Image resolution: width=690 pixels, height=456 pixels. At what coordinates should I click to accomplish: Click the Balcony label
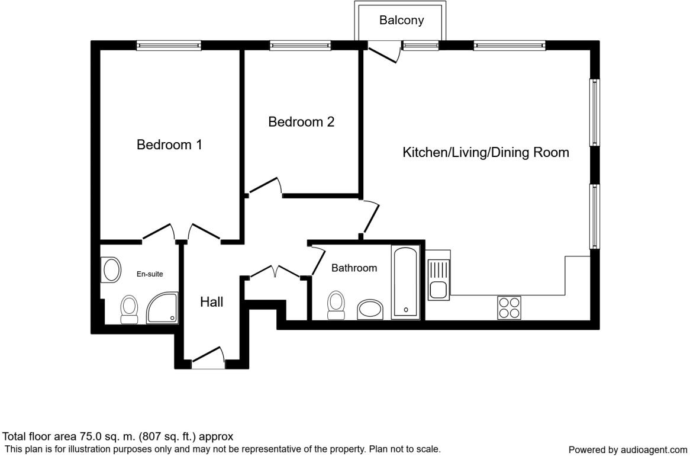coord(401,20)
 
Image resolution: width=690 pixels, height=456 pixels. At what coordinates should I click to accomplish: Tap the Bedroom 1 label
coord(169,144)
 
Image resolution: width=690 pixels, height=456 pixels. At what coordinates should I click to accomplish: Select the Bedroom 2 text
coord(301,122)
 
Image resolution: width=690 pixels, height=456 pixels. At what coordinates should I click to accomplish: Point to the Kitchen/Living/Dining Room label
coord(485,152)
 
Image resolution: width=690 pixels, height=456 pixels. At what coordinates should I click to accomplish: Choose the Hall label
coord(211,302)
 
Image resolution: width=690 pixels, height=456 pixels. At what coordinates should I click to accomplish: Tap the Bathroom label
coord(354,268)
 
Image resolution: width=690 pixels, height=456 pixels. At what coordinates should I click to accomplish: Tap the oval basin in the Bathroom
coord(370,310)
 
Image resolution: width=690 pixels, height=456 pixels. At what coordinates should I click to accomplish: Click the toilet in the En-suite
coord(129,310)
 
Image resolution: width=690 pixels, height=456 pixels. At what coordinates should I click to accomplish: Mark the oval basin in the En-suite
coord(111,270)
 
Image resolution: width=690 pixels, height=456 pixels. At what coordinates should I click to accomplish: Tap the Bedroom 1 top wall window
coord(169,45)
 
